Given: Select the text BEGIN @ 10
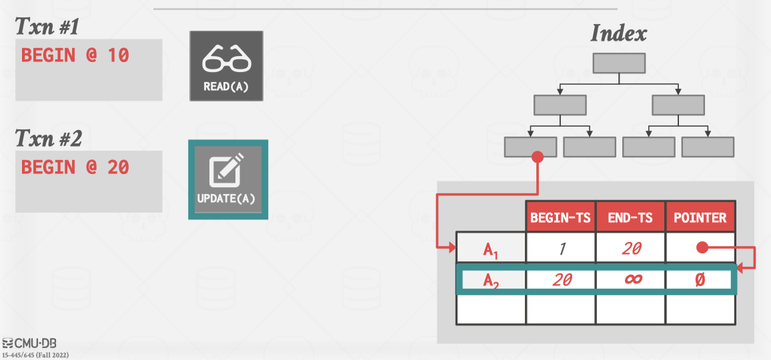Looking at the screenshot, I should point(75,55).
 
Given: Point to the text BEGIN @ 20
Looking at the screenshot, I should point(75,167).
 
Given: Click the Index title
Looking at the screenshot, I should point(618,33).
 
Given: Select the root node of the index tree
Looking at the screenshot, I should point(619,63).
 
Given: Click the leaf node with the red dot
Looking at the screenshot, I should point(530,147).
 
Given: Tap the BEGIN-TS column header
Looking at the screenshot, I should point(560,217).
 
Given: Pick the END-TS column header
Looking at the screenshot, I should point(630,217).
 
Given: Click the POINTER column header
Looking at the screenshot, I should point(700,217).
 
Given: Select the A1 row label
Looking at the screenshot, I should point(491,249).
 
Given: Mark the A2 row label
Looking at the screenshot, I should point(491,280).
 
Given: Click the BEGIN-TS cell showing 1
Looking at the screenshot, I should point(560,249).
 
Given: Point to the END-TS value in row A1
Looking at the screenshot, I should point(630,249).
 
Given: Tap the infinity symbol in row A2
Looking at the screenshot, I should point(632,279).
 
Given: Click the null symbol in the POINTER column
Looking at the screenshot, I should point(699,279).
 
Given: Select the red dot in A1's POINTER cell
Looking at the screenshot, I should point(701,248).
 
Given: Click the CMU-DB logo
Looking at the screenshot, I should point(30,343).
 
